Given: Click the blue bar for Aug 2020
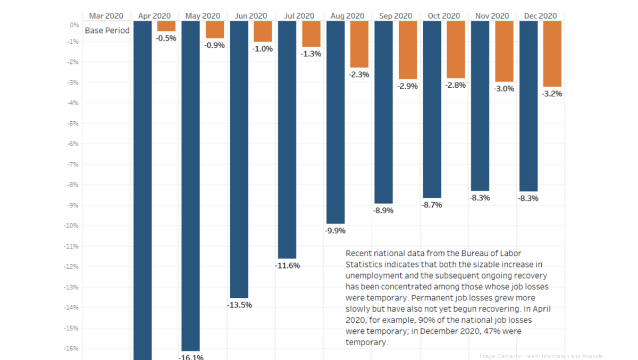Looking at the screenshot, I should [335, 122].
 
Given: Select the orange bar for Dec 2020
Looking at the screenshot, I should [552, 54].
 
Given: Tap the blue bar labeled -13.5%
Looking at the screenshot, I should [239, 160].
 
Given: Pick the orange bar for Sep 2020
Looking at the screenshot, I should [408, 50].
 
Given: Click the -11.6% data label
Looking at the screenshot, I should [287, 265].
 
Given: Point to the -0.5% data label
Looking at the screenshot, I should [166, 38].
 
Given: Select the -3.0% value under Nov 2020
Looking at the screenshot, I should [504, 89].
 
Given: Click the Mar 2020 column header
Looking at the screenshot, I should [106, 16].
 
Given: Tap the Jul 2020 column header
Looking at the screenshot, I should [299, 16].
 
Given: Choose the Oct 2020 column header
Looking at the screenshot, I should [444, 16].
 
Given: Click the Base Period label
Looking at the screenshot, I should [107, 30].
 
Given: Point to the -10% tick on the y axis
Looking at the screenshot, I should [73, 225].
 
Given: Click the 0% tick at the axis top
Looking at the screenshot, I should [74, 25].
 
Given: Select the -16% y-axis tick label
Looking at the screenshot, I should [73, 348].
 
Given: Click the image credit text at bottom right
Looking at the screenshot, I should [541, 356].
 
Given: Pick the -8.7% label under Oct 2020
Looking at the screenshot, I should [431, 205].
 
